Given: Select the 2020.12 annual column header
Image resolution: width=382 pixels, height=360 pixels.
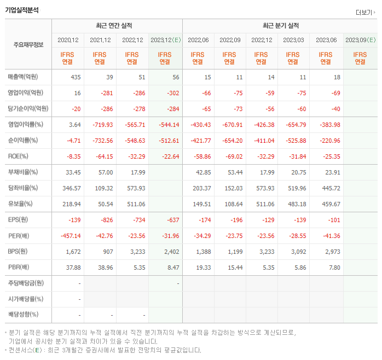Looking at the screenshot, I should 68,40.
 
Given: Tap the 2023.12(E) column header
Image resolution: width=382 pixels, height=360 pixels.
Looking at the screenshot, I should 165,40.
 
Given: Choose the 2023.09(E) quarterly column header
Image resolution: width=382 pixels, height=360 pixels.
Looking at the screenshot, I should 360,40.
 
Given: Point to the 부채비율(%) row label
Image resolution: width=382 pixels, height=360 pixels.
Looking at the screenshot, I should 23,172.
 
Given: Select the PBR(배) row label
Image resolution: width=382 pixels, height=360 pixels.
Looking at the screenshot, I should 19,268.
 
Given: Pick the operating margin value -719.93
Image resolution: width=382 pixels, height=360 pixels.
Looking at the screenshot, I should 102,125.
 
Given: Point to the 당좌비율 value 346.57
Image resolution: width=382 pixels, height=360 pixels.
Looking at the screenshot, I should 72,188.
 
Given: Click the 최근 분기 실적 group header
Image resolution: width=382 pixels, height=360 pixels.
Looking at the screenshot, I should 280,26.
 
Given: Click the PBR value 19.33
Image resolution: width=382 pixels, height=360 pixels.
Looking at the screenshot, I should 203,268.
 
